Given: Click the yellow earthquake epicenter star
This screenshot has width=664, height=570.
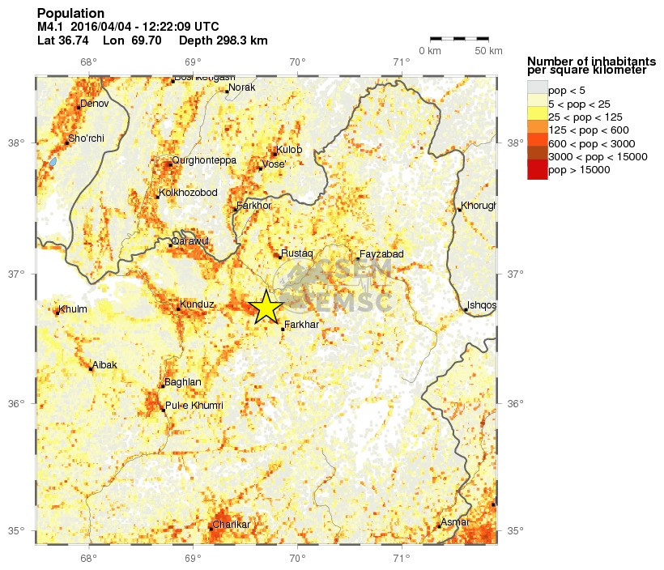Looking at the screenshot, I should (266, 307).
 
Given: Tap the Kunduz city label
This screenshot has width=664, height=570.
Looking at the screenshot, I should (198, 304).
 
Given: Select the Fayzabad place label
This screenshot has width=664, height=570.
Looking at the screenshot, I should (381, 254).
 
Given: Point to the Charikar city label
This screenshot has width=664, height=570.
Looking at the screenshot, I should (232, 525).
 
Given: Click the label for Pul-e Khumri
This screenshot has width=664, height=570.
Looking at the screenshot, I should (194, 405).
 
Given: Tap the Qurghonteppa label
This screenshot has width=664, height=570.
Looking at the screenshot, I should (204, 160).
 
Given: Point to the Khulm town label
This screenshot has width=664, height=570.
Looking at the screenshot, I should (73, 308).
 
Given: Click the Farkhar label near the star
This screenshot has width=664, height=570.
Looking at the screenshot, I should (301, 325).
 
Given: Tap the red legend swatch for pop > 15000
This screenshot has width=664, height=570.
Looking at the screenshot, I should (537, 171).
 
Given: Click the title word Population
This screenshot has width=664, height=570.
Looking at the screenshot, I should (70, 14).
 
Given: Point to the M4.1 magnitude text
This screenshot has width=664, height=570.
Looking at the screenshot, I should (51, 27).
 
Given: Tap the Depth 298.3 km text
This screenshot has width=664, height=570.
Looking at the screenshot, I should (223, 40).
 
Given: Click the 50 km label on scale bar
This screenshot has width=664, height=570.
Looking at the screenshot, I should (487, 51).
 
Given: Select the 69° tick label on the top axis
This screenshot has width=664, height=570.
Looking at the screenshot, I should (192, 62).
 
